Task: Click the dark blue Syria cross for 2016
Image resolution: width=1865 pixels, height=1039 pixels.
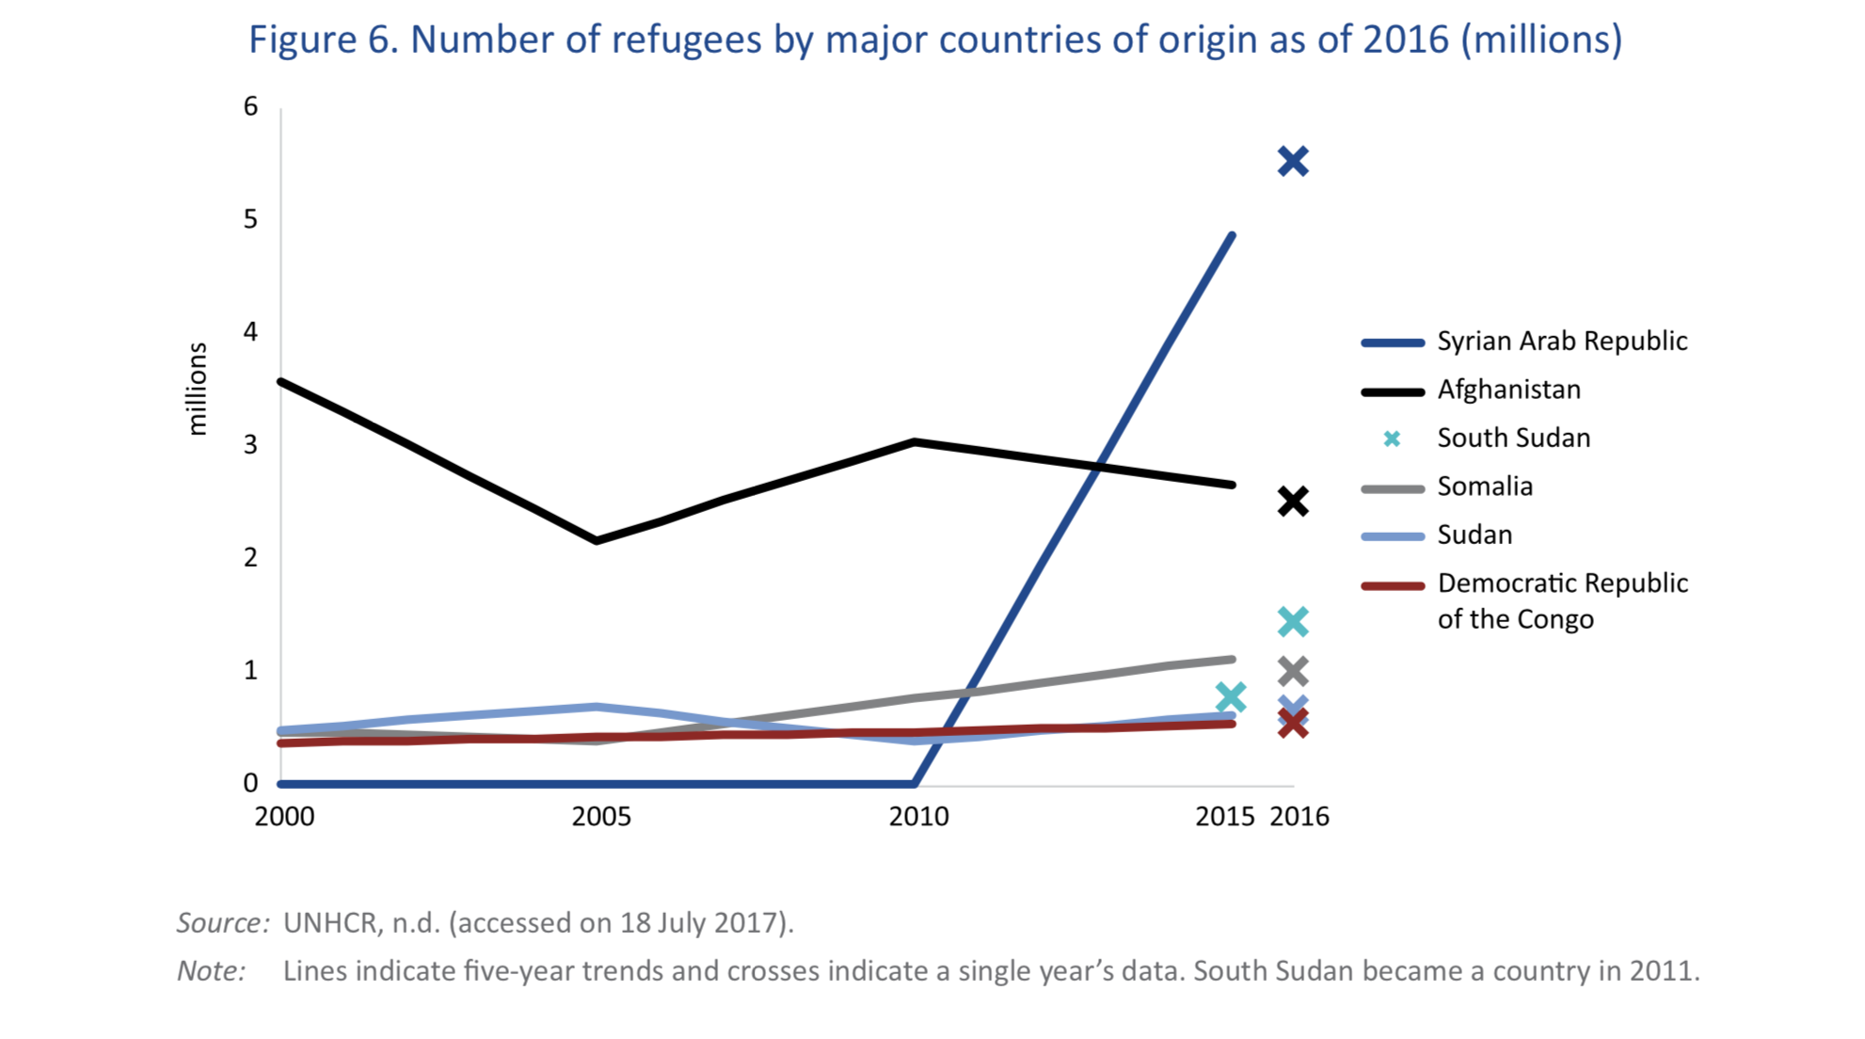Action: click(x=1293, y=162)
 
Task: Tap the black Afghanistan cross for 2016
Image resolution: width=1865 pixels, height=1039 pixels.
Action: click(x=1293, y=502)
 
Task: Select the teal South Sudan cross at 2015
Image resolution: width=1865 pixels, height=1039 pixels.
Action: click(x=1230, y=697)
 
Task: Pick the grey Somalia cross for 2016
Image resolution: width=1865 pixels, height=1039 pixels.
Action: click(x=1293, y=671)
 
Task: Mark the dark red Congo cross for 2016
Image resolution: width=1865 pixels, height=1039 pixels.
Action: click(x=1293, y=724)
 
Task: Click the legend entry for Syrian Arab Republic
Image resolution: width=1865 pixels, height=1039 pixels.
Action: click(x=1561, y=342)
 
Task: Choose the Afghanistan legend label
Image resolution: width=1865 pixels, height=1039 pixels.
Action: click(x=1508, y=390)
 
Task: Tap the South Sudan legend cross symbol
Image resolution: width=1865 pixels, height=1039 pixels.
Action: click(x=1393, y=439)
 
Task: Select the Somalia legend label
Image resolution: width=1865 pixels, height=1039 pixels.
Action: click(x=1485, y=487)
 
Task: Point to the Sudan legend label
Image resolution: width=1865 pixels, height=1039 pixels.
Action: click(x=1474, y=535)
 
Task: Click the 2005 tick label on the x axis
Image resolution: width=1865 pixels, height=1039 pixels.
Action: click(x=601, y=817)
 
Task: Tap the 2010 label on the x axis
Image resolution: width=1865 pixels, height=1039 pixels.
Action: click(x=918, y=817)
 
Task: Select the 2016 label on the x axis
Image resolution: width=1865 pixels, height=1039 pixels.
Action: click(x=1299, y=817)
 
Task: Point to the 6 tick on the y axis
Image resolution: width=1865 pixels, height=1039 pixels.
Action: click(x=250, y=106)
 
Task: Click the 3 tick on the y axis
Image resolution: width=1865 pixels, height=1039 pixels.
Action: click(x=250, y=445)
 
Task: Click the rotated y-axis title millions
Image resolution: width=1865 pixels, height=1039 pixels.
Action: click(x=197, y=389)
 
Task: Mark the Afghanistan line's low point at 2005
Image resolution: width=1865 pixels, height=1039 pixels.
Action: click(x=597, y=540)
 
